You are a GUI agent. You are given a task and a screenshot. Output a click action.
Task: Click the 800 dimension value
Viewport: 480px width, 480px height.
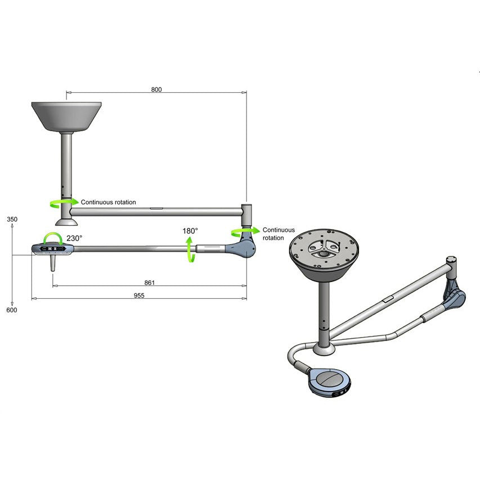(156, 89)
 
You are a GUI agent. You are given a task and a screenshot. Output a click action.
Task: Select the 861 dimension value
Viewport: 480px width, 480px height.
(149, 282)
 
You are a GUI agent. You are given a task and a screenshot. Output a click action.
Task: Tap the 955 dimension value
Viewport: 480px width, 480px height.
(139, 295)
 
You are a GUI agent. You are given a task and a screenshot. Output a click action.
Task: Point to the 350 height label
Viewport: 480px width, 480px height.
(12, 219)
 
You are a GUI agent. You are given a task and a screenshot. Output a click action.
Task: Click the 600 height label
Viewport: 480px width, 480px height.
(12, 310)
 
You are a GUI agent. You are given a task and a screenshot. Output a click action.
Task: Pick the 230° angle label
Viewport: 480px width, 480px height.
(74, 238)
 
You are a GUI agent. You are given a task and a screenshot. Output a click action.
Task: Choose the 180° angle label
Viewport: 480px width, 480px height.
(190, 231)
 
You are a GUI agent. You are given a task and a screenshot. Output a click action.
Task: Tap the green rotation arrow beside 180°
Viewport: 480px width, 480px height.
(189, 249)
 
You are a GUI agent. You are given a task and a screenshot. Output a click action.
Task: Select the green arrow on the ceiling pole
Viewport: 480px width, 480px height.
(60, 201)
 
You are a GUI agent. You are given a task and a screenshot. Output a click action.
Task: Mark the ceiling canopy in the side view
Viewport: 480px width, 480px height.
(66, 115)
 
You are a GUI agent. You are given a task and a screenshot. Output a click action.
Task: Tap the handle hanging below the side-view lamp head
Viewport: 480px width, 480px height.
(52, 263)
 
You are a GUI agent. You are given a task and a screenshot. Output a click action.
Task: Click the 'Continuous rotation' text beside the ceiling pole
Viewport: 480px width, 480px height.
(108, 202)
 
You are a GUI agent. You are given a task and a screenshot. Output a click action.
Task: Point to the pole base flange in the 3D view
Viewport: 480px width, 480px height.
(324, 350)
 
